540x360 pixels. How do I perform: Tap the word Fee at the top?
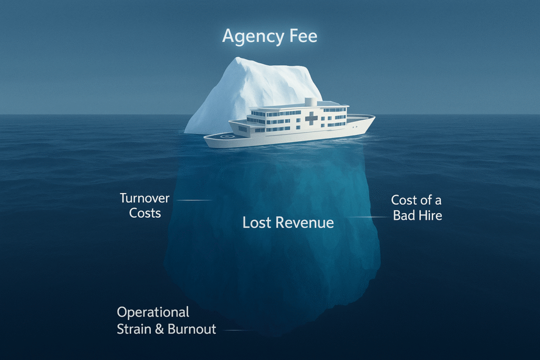coord(303,36)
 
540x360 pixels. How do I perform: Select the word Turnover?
coord(144,198)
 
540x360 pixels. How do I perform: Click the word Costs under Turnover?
coord(144,213)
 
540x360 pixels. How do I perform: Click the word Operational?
coord(153,312)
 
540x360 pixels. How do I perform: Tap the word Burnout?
coord(192,329)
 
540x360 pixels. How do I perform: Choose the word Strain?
coord(134,329)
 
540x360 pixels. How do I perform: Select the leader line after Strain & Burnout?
coord(240,330)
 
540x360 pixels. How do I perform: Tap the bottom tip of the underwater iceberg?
coord(279,333)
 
